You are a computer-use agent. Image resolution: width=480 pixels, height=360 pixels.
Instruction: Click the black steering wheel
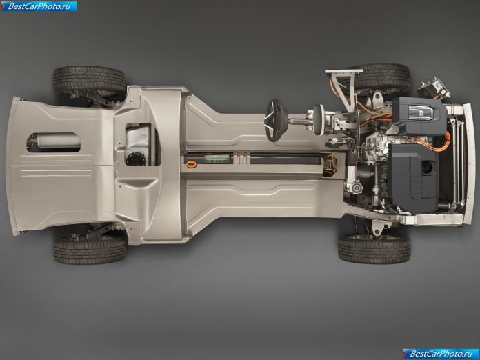(276, 120)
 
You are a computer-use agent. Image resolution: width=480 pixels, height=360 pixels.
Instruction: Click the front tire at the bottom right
(374, 248)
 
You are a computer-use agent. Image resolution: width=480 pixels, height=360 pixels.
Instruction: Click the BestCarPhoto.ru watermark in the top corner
(39, 6)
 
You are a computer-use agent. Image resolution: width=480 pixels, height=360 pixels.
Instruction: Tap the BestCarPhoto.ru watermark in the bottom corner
(441, 354)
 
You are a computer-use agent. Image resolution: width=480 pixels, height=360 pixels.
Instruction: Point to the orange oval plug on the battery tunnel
(191, 164)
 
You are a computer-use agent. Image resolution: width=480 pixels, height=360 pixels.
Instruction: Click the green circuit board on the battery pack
(217, 159)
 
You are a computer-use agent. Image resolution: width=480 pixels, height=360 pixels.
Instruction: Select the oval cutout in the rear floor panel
(54, 143)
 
